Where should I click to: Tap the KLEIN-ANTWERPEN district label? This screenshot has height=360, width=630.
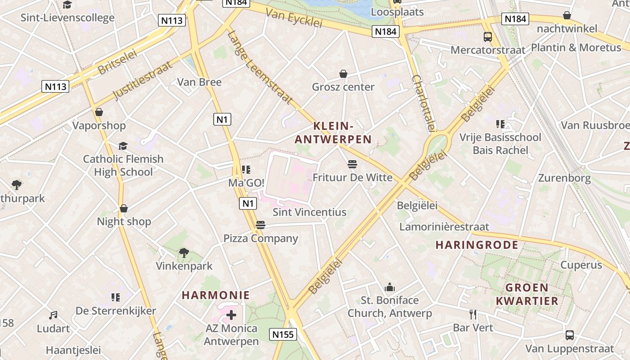coord(333,133)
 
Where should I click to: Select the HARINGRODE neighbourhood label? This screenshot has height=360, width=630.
coord(477,245)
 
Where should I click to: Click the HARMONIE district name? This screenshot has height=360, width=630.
coord(216,295)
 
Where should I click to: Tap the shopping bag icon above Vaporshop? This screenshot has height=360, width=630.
coord(99,112)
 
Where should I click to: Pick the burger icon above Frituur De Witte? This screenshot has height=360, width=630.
coord(352,164)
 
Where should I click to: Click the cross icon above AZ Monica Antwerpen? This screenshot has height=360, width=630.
coord(231,315)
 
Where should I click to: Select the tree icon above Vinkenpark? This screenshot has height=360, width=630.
coord(184,253)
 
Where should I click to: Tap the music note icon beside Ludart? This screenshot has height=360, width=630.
coord(53,315)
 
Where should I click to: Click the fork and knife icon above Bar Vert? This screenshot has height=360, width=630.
coord(472,314)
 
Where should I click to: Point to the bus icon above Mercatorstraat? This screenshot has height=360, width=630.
coord(488,36)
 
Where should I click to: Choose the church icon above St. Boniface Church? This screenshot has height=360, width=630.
coord(390,287)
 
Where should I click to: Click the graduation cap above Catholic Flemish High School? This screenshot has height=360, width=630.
coord(123,146)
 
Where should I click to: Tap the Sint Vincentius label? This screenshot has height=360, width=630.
coord(310,212)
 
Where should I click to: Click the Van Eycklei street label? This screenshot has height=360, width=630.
coord(294,18)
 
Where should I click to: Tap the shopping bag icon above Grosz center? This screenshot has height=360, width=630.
coord(343,74)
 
